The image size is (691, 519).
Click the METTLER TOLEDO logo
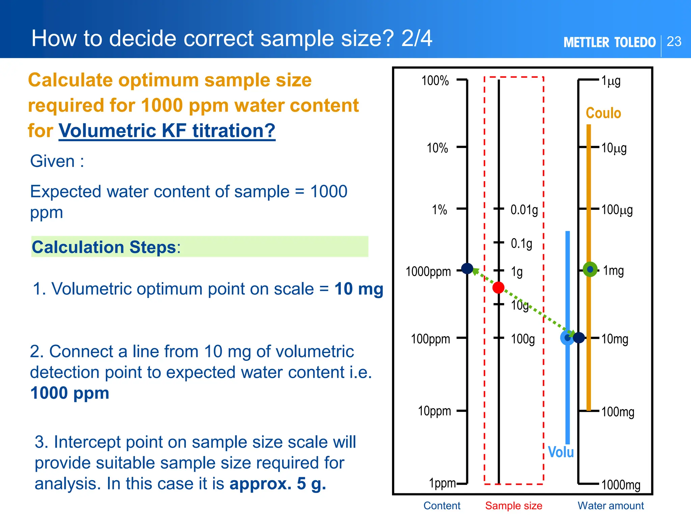click(x=609, y=43)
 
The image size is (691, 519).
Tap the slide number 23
click(x=674, y=42)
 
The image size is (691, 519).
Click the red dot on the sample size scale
click(x=498, y=288)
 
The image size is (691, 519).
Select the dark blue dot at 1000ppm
click(x=467, y=269)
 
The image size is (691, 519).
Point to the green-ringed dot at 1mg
click(x=590, y=269)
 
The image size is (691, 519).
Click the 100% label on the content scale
click(x=435, y=81)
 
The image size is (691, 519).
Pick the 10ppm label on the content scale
click(x=434, y=411)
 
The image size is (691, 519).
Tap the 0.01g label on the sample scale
click(x=524, y=210)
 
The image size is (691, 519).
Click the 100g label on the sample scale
click(x=523, y=339)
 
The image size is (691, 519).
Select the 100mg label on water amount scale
click(x=618, y=412)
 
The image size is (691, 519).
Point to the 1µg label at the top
click(x=611, y=81)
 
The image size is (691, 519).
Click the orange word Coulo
click(x=603, y=113)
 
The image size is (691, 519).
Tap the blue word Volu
click(x=561, y=452)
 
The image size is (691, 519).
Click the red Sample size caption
click(x=514, y=506)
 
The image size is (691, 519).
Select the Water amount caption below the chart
click(x=611, y=506)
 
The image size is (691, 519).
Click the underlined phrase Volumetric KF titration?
click(x=167, y=131)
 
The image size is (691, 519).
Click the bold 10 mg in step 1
click(x=359, y=289)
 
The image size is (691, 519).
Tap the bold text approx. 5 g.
click(x=278, y=484)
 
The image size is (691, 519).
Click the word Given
click(x=52, y=161)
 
